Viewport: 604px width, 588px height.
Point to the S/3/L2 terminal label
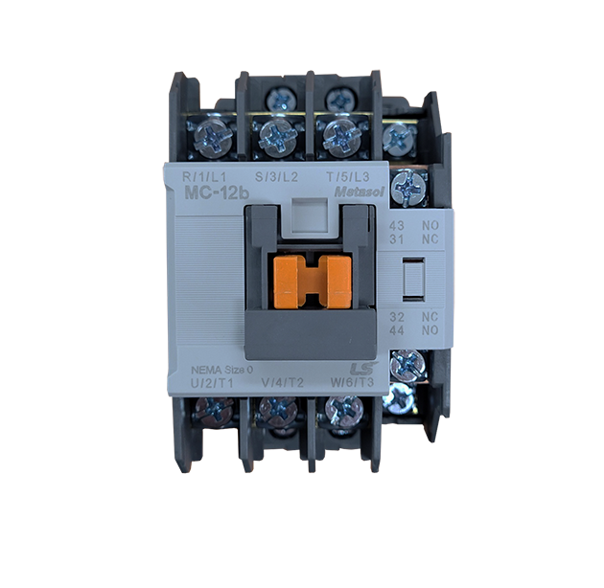coord(276,177)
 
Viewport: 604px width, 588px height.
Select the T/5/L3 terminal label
coord(348,177)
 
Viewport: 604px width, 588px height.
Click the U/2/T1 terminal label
coord(214,383)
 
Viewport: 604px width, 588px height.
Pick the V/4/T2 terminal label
coord(283,383)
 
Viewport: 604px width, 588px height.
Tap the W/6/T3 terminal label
coord(353,382)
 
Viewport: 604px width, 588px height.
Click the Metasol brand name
coord(360,192)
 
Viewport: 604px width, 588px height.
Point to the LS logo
coord(362,369)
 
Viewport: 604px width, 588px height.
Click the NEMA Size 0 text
coord(222,371)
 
